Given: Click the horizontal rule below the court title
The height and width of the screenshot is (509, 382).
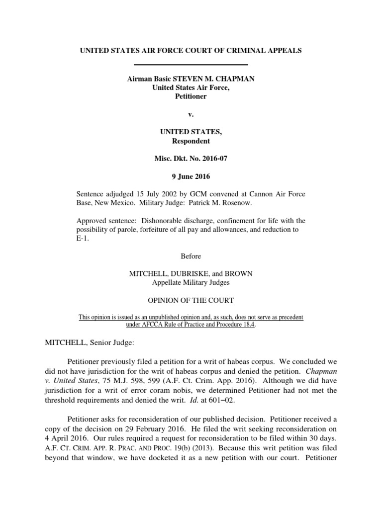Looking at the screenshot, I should pyautogui.click(x=191, y=65).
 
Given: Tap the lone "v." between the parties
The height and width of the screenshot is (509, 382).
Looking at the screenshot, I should pyautogui.click(x=191, y=115).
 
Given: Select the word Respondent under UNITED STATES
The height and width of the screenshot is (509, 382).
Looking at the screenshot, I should pyautogui.click(x=191, y=141).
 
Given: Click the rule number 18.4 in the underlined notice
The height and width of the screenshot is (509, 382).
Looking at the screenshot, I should pyautogui.click(x=246, y=325).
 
